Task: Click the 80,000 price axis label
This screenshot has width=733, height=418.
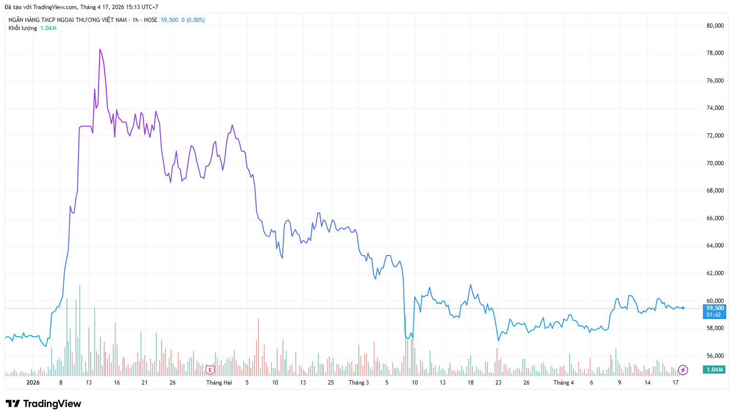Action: [x=715, y=26]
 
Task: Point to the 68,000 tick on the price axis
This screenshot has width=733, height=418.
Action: [x=715, y=191]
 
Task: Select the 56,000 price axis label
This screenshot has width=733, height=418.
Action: [x=715, y=356]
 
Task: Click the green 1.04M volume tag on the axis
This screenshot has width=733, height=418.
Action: [x=714, y=370]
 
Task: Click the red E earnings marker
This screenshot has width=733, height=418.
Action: [x=210, y=370]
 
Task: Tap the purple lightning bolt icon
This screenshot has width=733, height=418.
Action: [x=683, y=370]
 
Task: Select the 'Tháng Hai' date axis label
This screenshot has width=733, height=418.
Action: [x=219, y=383]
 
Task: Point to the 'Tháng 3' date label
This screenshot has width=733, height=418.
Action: [x=358, y=383]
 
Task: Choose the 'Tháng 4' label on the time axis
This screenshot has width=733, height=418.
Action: [x=563, y=383]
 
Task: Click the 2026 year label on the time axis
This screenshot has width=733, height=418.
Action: [x=33, y=383]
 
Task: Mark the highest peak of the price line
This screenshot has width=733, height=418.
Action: [x=100, y=49]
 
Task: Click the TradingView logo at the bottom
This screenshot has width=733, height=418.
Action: [x=43, y=404]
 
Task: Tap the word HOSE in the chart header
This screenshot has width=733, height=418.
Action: [x=151, y=20]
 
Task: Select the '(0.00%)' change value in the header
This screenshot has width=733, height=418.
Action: [x=195, y=20]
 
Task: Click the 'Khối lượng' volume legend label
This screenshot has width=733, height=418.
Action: [x=22, y=28]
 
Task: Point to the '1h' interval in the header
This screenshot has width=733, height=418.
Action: [x=135, y=20]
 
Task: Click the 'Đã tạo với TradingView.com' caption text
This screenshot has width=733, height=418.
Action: [x=41, y=7]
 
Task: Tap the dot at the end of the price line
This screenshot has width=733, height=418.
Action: [x=683, y=308]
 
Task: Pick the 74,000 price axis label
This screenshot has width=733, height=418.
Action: [x=715, y=108]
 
